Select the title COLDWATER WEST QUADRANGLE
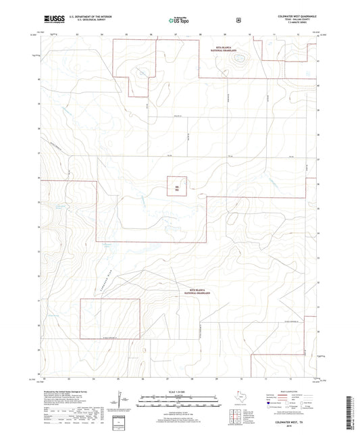[296, 14]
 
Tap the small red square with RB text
[178, 186]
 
